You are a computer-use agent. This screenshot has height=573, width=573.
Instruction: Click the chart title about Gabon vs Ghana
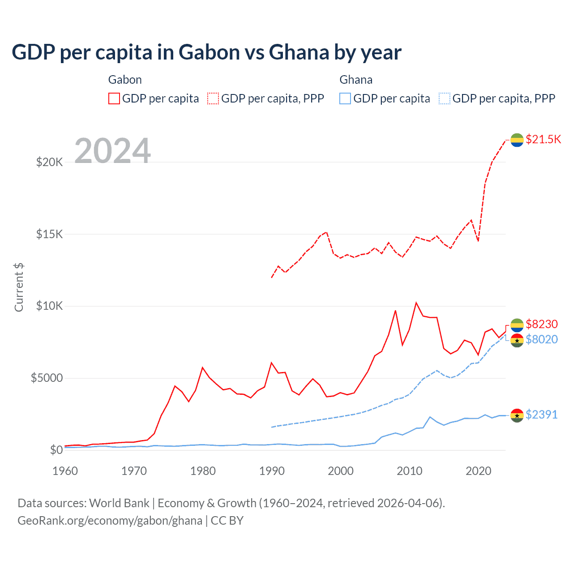tap(206, 52)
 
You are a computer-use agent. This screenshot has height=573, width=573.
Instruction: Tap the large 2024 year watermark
tap(112, 151)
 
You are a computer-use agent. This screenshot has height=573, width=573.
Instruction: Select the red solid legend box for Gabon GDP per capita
tap(114, 98)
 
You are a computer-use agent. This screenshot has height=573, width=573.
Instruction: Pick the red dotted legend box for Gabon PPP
tap(214, 98)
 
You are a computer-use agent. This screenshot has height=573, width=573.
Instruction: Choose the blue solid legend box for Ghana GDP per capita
tap(345, 98)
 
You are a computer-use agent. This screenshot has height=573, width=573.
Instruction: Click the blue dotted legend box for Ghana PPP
tap(445, 98)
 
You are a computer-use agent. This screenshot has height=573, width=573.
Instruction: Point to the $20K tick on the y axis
tap(49, 162)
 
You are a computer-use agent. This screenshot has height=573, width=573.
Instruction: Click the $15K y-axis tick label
tap(49, 234)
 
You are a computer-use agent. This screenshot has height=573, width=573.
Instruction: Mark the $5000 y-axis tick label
tap(47, 378)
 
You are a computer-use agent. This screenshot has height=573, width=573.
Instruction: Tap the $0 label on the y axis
tap(56, 450)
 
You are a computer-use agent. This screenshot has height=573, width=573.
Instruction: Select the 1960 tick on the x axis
tap(65, 471)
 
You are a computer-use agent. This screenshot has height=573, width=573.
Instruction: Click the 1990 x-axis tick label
tap(272, 471)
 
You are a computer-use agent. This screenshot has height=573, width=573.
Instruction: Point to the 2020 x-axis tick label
tap(479, 471)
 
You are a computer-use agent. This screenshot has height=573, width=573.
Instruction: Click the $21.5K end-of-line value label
tap(543, 139)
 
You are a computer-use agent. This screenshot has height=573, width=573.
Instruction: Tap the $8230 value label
tap(542, 324)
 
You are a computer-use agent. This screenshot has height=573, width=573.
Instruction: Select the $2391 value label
tap(542, 415)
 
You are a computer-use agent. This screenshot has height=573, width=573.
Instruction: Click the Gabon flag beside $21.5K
tap(517, 140)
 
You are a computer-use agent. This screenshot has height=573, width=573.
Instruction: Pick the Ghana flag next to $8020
tap(517, 340)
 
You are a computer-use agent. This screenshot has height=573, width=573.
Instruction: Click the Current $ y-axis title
tap(19, 287)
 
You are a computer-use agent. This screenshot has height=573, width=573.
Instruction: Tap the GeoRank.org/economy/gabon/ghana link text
tap(110, 521)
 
